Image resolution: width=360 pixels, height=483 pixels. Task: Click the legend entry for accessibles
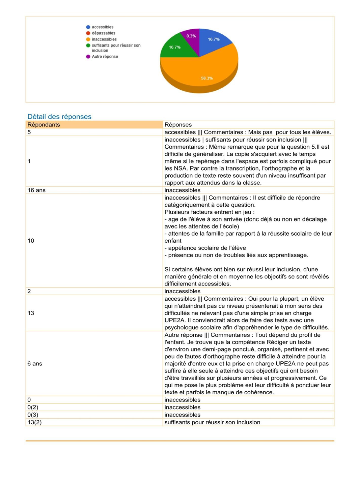coord(103,27)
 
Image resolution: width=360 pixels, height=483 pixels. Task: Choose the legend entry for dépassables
coord(104,33)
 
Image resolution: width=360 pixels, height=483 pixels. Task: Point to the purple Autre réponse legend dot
coord(88,57)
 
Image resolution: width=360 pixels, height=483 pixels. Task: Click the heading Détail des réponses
coord(59,117)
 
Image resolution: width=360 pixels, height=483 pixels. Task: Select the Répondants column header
coord(44,125)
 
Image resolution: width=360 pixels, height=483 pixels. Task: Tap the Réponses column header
coord(178,125)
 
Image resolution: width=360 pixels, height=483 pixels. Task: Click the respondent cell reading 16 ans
coord(36,190)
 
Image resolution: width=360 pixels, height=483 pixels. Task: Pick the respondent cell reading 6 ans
coord(35,364)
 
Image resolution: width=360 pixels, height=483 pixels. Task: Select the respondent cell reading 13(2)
coord(34,422)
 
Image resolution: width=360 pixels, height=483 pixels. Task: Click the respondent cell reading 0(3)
coord(33,415)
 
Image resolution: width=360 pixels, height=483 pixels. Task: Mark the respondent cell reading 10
coord(31,241)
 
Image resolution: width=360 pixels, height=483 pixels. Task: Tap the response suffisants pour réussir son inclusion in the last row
coord(212,422)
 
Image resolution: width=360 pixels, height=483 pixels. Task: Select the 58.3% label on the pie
coord(207,78)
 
